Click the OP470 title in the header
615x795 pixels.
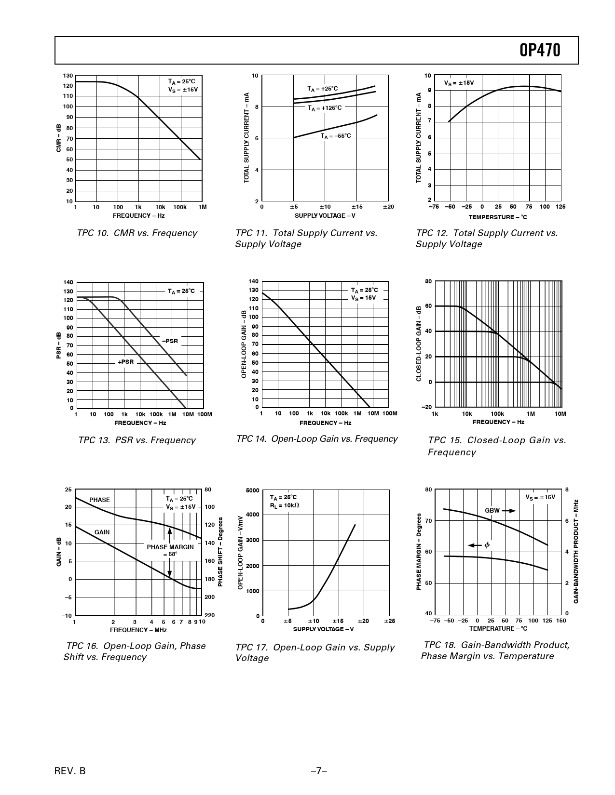540,50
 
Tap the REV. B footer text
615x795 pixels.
70,771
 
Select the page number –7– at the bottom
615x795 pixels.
319,771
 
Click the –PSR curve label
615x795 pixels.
170,341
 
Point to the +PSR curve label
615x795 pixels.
125,362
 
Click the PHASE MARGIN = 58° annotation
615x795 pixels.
170,550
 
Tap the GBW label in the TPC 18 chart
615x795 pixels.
492,510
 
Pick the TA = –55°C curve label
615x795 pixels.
336,136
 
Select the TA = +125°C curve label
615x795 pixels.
324,108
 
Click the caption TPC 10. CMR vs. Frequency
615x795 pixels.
137,233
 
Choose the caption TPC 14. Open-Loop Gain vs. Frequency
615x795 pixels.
317,439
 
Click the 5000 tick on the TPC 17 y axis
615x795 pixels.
252,490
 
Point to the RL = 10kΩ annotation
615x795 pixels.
285,505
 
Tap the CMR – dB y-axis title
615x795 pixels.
58,139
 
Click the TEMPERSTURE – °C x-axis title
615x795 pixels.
498,217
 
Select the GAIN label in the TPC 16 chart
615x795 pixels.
102,532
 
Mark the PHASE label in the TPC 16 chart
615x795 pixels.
99,500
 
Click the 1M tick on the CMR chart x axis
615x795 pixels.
203,207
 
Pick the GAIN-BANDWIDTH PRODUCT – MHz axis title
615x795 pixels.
576,551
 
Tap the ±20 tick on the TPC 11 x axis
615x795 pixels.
388,207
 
